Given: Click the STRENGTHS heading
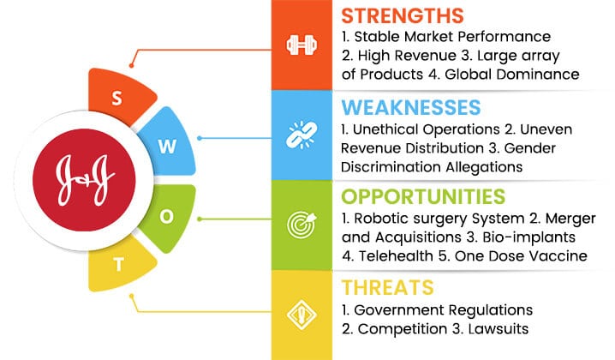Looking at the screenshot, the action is [x=402, y=15].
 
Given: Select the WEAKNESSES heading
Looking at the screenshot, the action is [x=410, y=107].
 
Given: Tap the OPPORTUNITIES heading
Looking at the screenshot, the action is [x=423, y=196].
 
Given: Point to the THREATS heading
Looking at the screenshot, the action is [x=387, y=287].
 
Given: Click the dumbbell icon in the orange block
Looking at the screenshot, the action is [x=302, y=45].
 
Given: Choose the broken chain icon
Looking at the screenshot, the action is [x=302, y=135].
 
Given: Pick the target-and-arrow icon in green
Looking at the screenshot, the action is [x=302, y=225].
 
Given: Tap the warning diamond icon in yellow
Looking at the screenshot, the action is [x=302, y=315].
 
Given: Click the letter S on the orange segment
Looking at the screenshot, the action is [x=116, y=99].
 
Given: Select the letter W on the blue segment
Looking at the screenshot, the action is [x=167, y=147].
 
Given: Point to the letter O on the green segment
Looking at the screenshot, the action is [x=167, y=216].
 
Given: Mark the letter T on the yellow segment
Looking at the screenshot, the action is [x=118, y=265].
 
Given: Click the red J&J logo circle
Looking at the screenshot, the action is [x=84, y=180].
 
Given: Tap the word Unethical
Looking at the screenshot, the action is [x=385, y=129].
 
